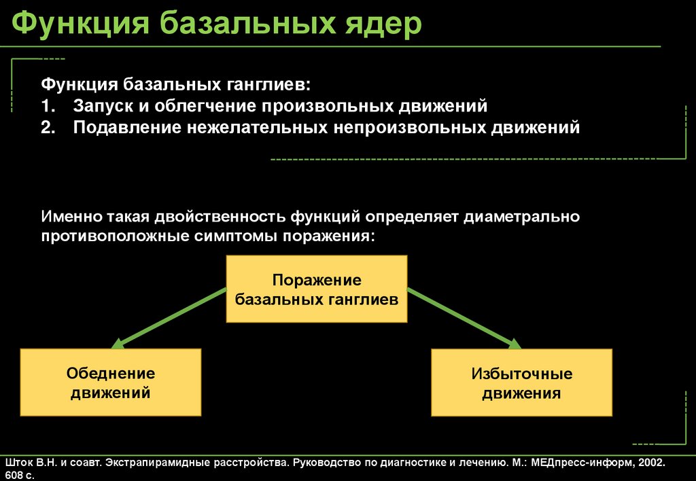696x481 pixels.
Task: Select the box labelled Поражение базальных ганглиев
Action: [x=316, y=289]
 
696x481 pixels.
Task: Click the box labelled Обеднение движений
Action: [x=111, y=382]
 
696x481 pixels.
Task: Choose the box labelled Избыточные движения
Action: [x=521, y=382]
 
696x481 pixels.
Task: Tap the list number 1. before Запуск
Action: [x=48, y=107]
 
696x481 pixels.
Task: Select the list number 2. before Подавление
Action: [x=48, y=128]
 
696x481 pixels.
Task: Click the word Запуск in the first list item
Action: [x=100, y=107]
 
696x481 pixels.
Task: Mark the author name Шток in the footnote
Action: [x=18, y=463]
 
